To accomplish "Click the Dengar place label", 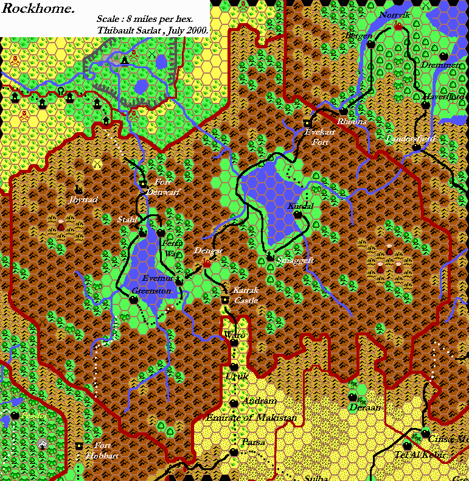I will [209, 250].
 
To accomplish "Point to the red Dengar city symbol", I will [206, 262].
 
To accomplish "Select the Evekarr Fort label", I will [320, 136].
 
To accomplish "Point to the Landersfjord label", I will [411, 139].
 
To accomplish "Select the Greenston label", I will [151, 291].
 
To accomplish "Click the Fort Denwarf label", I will [160, 188].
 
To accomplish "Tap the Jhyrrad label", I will [84, 199].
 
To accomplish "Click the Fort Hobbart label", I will [102, 451].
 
